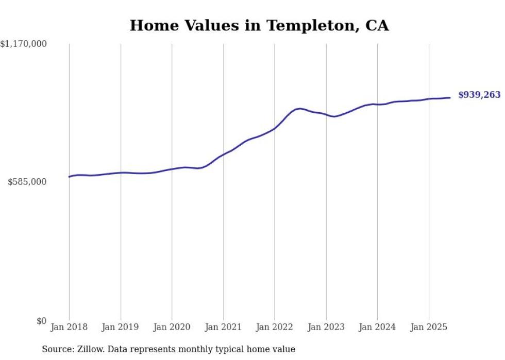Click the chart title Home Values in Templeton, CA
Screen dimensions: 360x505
pyautogui.click(x=259, y=25)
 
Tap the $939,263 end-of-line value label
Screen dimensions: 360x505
pyautogui.click(x=479, y=95)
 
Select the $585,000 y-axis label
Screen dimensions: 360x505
pyautogui.click(x=27, y=182)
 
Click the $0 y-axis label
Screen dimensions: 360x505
pyautogui.click(x=42, y=321)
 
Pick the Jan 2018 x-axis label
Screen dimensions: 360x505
pyautogui.click(x=69, y=327)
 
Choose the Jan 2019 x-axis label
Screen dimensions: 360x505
pyautogui.click(x=121, y=327)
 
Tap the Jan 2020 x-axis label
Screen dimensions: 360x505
pyautogui.click(x=172, y=327)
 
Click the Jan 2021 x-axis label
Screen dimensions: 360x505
pyautogui.click(x=224, y=327)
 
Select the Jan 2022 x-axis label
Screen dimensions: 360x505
pyautogui.click(x=275, y=327)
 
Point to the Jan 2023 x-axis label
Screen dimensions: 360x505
pyautogui.click(x=326, y=327)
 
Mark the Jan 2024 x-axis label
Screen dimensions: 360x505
pyautogui.click(x=378, y=327)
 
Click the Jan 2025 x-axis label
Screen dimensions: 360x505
pyautogui.click(x=429, y=327)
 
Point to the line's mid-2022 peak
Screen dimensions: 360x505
pyautogui.click(x=299, y=109)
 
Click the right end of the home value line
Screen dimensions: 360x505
pyautogui.click(x=450, y=98)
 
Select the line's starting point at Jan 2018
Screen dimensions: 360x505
pyautogui.click(x=69, y=177)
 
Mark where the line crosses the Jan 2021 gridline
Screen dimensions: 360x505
pyautogui.click(x=224, y=154)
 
